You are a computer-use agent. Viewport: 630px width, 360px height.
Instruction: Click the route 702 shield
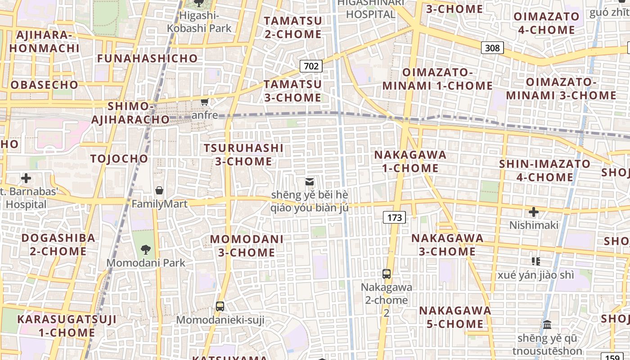click(311, 67)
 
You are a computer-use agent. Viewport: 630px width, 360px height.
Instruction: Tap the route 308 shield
click(492, 47)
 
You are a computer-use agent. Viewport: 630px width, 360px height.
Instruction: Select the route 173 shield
click(394, 218)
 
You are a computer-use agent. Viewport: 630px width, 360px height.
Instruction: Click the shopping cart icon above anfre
click(205, 102)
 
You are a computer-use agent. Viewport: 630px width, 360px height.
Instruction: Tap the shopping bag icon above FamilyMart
click(159, 190)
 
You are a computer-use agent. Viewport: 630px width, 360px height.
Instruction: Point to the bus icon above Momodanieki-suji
click(220, 306)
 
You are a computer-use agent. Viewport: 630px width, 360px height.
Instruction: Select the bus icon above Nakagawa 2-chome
click(387, 274)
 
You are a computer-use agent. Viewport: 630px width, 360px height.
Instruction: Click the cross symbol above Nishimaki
click(534, 211)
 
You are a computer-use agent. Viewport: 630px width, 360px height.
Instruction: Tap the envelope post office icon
click(310, 182)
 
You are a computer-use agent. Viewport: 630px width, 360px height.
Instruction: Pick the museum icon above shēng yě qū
click(547, 324)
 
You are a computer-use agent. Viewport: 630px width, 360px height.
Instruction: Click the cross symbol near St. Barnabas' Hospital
click(26, 178)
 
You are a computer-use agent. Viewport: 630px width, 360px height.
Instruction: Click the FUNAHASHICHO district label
click(147, 58)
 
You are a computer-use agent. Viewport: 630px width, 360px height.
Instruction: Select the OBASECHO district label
click(44, 85)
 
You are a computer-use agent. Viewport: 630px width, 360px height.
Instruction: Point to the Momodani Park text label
click(146, 263)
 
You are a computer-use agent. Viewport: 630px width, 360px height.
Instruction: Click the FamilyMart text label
click(159, 204)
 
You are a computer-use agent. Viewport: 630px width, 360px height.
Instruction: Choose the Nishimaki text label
click(534, 225)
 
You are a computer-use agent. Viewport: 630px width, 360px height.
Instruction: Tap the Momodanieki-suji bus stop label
click(220, 320)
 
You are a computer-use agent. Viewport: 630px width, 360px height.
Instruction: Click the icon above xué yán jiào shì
click(535, 261)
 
